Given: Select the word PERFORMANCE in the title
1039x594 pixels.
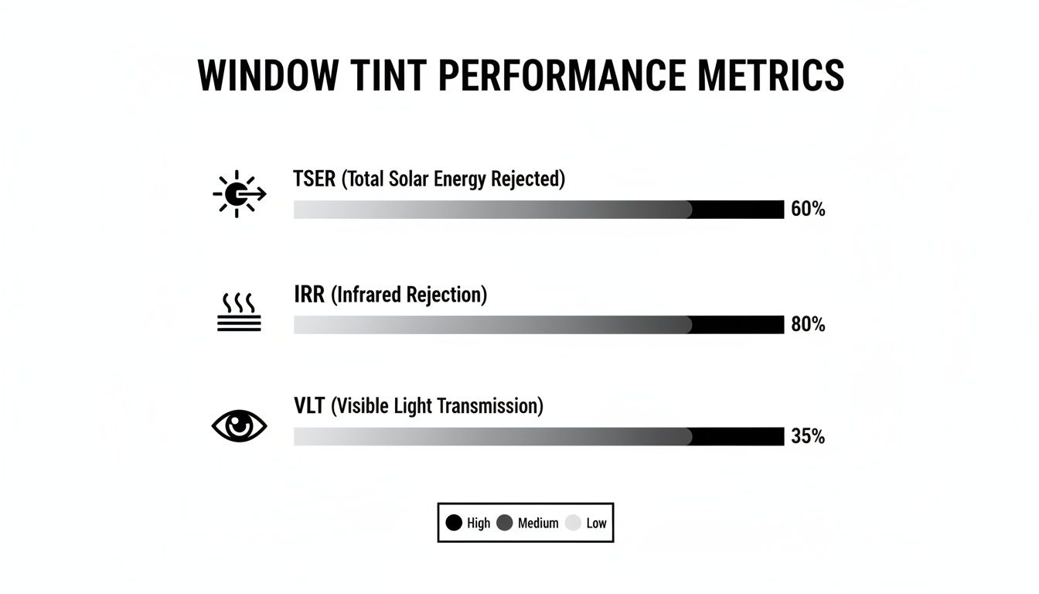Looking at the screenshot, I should coord(559,76).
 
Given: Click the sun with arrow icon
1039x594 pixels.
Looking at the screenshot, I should coord(237,193).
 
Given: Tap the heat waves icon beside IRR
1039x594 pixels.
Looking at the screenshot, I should coord(239,312).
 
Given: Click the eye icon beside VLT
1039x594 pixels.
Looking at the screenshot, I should coord(239,426).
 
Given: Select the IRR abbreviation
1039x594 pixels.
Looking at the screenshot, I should coord(310,295).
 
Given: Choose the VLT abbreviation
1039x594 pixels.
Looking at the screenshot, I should coord(310,406).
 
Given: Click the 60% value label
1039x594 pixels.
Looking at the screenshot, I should coord(808,210).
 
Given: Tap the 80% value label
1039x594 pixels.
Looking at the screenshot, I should coord(808,325).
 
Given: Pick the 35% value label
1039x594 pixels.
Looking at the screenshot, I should coord(808,437).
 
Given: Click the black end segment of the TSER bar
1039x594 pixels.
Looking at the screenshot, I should coord(738,210).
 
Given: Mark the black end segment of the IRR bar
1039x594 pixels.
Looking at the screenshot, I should coord(738,325).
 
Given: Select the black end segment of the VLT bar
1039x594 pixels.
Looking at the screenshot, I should coord(738,437).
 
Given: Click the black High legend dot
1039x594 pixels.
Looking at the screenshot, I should coord(455,523).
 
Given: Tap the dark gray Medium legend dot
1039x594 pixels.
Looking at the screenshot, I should coord(505,523).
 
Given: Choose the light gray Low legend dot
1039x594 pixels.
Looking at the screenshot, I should coord(573,523).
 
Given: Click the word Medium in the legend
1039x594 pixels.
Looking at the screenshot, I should coord(538,523).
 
